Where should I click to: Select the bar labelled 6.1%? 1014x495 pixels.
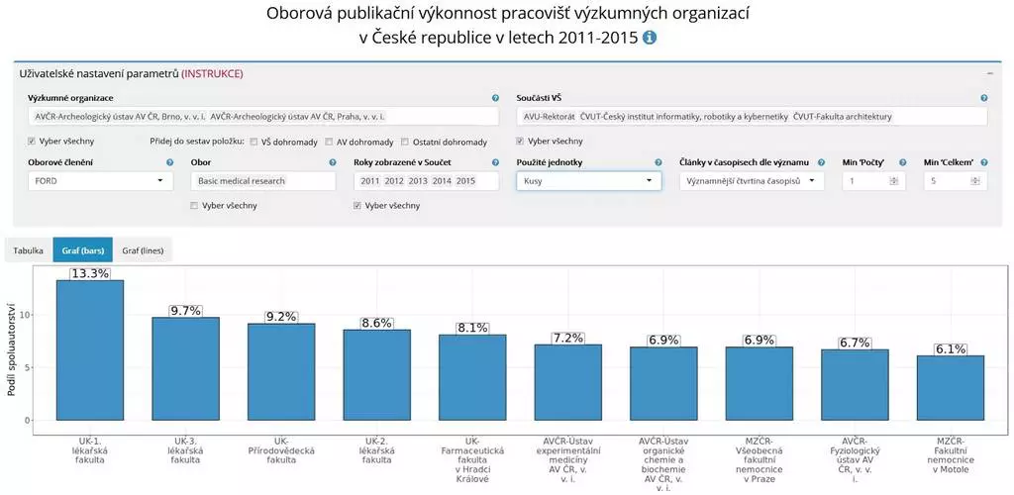(x=950, y=387)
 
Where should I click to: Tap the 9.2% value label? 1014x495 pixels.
(x=281, y=317)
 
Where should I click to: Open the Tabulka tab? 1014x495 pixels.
(x=29, y=251)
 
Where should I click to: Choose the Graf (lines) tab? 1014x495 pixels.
(x=142, y=251)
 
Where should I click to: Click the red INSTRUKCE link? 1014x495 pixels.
(x=212, y=74)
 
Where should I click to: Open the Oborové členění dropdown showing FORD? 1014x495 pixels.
(x=98, y=181)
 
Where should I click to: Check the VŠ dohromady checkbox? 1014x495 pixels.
(x=254, y=142)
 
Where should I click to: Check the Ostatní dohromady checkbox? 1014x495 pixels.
(x=405, y=142)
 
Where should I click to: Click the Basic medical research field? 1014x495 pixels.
(x=262, y=181)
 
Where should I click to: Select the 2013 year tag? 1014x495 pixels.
(x=418, y=181)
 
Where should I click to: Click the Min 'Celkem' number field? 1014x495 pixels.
(x=949, y=181)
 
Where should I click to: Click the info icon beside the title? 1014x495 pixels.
(x=650, y=38)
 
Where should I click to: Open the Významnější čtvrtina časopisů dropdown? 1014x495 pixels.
(x=752, y=181)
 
